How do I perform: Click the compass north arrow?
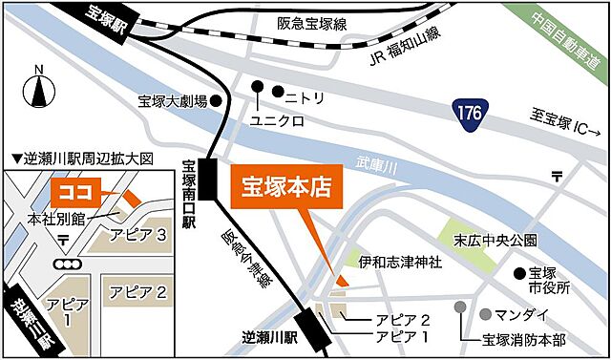click(38, 90)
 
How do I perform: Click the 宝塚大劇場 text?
click(172, 100)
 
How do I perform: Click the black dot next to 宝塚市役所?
click(518, 273)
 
